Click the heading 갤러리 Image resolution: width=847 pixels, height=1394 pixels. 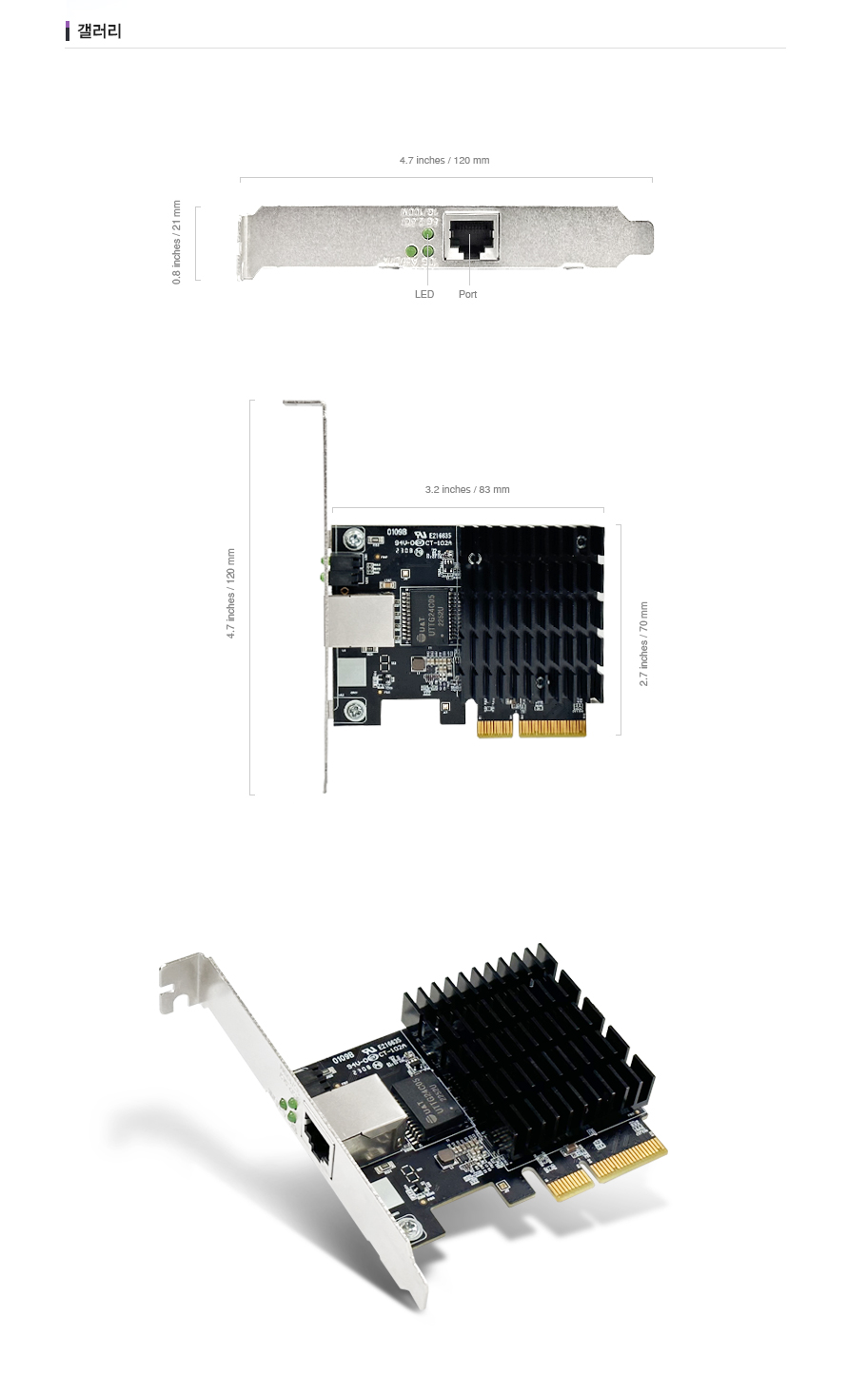pos(99,31)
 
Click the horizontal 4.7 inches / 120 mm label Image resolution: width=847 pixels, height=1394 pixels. pos(444,161)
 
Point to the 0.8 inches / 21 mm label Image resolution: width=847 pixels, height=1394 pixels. pos(176,243)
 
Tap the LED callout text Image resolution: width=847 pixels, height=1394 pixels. pos(424,295)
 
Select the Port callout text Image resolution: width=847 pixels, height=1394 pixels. pos(467,295)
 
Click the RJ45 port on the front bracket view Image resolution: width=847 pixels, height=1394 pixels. pos(472,236)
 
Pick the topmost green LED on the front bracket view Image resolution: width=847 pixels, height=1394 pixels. pos(428,234)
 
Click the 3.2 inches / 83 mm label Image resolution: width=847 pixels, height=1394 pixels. pos(467,490)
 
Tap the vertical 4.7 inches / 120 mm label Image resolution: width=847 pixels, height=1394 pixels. pos(230,594)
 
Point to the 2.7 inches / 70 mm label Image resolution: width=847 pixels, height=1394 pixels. pos(643,644)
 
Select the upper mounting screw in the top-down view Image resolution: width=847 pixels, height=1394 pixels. pos(353,540)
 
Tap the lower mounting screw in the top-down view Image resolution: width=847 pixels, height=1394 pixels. pos(355,709)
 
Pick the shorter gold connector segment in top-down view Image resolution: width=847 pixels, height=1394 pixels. pos(494,728)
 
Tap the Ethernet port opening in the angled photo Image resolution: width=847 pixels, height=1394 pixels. pos(317,1149)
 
